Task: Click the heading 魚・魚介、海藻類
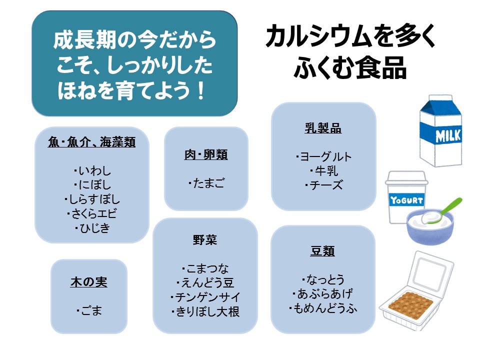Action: [x=91, y=142]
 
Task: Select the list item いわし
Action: [x=93, y=171]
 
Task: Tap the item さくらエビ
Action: [x=93, y=214]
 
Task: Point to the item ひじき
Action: [x=93, y=228]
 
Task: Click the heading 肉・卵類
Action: [x=206, y=155]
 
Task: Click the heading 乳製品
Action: [x=323, y=128]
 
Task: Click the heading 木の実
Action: [x=88, y=282]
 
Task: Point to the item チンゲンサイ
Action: [x=205, y=297]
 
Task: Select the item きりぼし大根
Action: [x=205, y=311]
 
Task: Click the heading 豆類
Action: [x=322, y=251]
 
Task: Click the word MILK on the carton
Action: [x=448, y=135]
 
